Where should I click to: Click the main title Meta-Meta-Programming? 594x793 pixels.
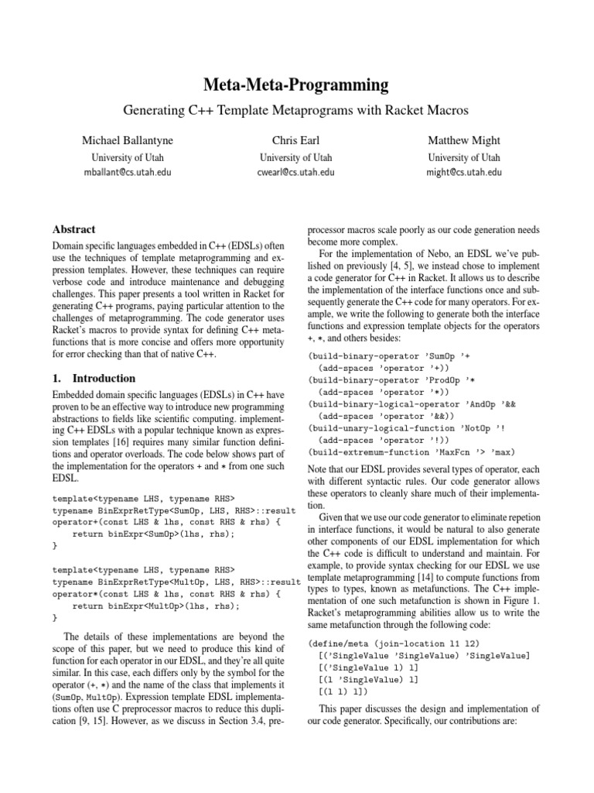[x=297, y=84]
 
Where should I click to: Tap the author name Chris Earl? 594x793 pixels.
[x=298, y=140]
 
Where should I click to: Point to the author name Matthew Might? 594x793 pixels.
[x=464, y=140]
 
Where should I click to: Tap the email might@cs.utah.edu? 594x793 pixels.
[x=464, y=173]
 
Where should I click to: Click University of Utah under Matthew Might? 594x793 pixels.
[x=464, y=157]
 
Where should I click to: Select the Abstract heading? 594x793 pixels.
[x=73, y=229]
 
